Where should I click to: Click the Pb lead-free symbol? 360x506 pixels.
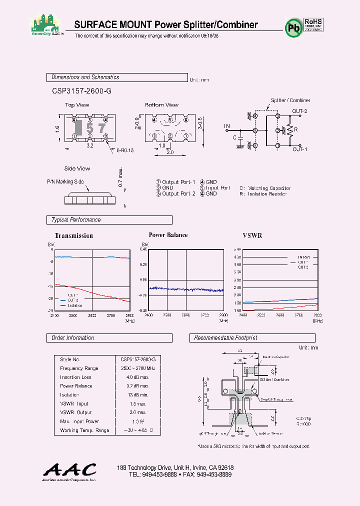[x=293, y=28]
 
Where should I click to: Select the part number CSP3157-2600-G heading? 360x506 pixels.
[x=81, y=91]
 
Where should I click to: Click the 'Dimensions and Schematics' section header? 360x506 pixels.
[x=85, y=77]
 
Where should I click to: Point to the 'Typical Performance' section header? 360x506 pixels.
[x=76, y=220]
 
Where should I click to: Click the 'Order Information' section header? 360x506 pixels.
[x=73, y=338]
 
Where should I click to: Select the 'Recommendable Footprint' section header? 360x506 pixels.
[x=225, y=338]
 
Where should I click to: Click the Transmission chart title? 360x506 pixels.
[x=74, y=235]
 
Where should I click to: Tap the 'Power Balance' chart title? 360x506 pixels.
[x=168, y=235]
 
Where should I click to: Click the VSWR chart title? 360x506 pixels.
[x=252, y=235]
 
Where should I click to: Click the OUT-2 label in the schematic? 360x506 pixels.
[x=299, y=111]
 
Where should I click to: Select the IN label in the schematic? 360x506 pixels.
[x=227, y=125]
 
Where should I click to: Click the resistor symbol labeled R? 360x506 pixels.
[x=288, y=130]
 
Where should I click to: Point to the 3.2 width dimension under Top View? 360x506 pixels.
[x=90, y=146]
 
